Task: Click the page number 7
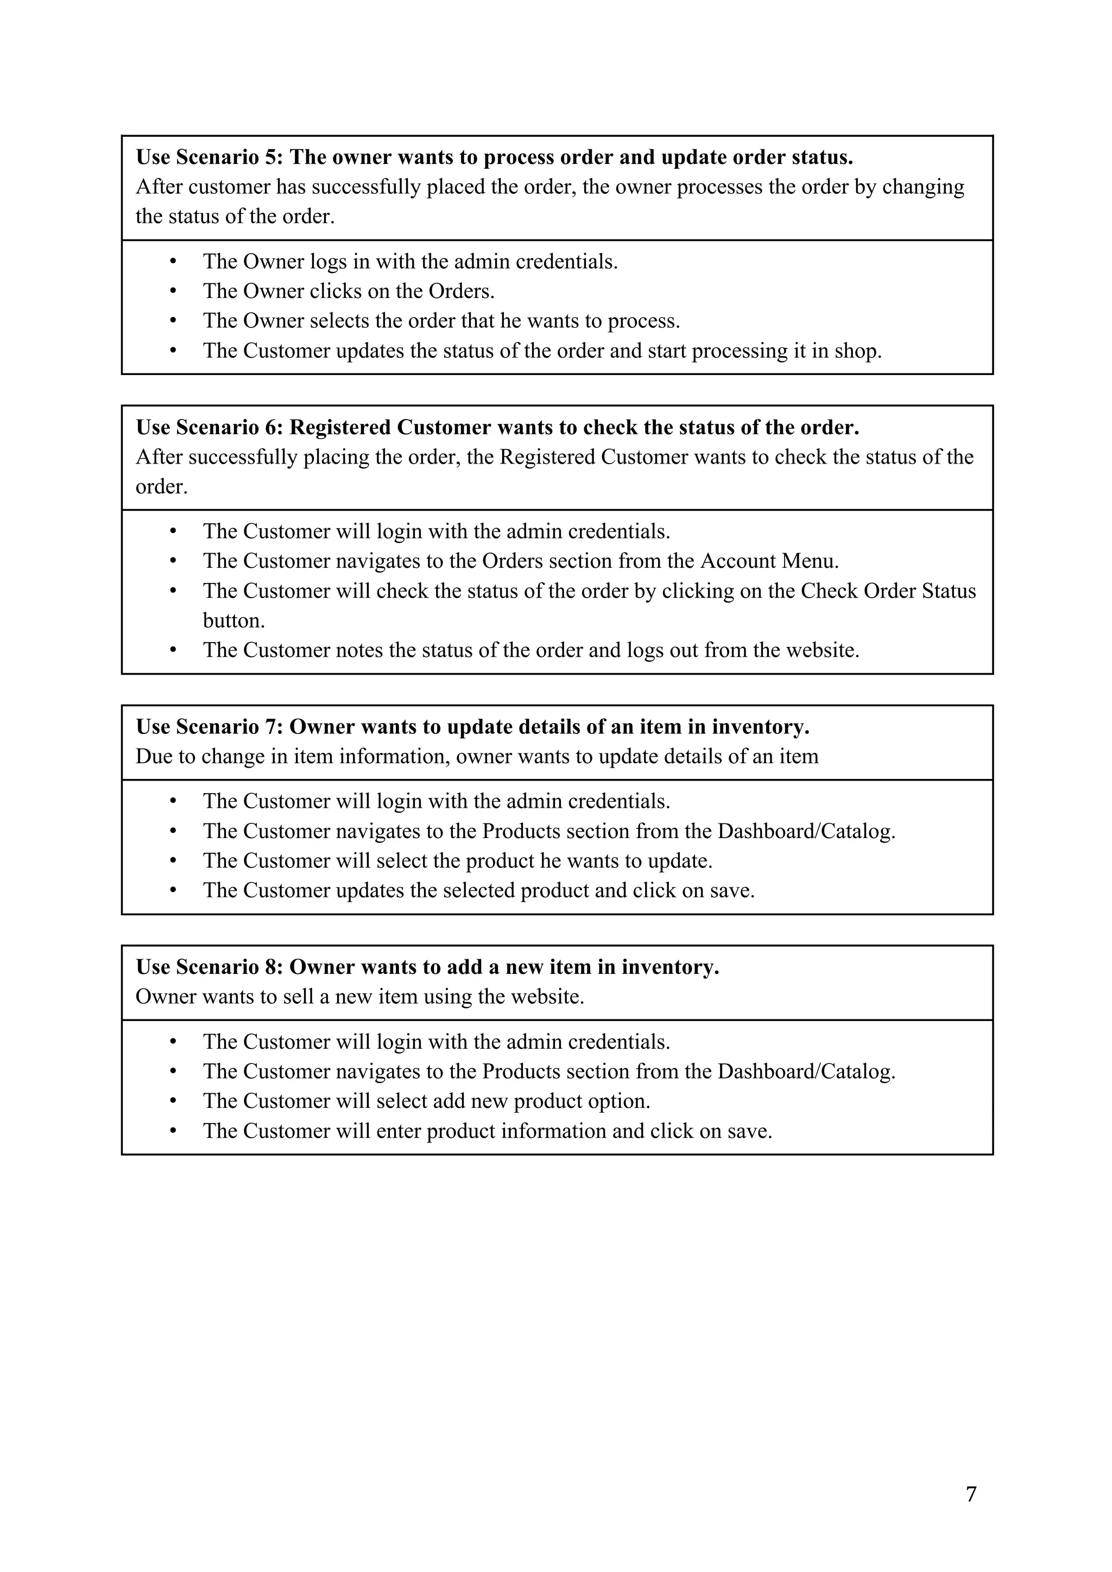(x=971, y=1494)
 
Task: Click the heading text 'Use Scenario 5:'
(x=210, y=157)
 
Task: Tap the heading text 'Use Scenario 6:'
(x=210, y=427)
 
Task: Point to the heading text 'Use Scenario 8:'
(x=210, y=967)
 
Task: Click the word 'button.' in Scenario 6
(x=233, y=620)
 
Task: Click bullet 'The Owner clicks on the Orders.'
(x=349, y=291)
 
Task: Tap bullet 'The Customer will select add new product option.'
(x=426, y=1101)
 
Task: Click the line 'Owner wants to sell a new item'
(x=359, y=996)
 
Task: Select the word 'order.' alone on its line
(x=162, y=487)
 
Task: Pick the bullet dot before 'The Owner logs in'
(x=173, y=262)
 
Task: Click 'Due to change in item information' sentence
(x=477, y=757)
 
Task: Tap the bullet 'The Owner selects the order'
(x=441, y=320)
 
